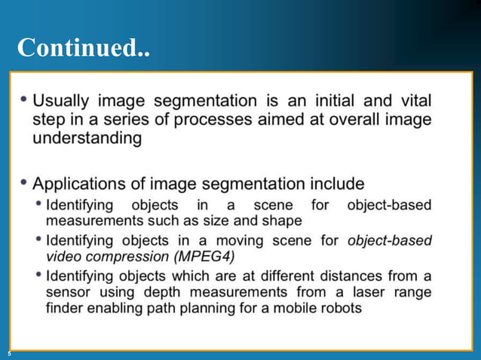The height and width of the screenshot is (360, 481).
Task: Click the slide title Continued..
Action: tap(83, 49)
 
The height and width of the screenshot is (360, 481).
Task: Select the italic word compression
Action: tap(124, 257)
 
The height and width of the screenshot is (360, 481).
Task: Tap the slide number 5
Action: tap(10, 353)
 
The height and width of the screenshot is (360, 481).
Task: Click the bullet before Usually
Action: tap(26, 99)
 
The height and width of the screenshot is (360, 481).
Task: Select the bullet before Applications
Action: tap(26, 182)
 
